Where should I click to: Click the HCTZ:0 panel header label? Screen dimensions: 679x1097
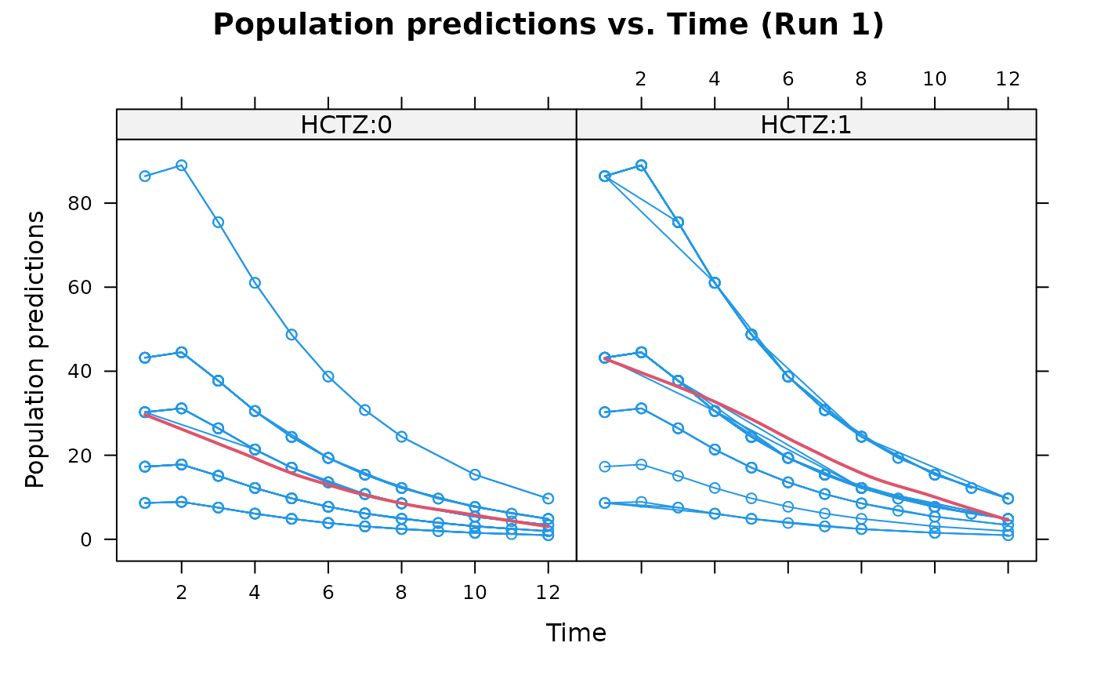[346, 125]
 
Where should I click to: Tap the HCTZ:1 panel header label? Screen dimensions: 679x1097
[806, 125]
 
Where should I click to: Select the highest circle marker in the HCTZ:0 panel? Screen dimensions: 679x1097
[181, 165]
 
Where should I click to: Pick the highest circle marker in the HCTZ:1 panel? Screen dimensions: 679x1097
[641, 165]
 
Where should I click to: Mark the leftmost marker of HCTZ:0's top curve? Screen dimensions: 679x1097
[145, 176]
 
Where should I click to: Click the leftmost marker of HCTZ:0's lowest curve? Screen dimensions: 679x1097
[145, 503]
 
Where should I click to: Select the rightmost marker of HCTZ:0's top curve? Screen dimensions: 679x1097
[548, 498]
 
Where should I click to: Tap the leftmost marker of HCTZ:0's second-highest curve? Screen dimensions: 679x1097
[145, 358]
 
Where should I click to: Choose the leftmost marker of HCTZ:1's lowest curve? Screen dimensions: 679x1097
[605, 503]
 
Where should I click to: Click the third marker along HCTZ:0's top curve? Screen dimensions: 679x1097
[218, 222]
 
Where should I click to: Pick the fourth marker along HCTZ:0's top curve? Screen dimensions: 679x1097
[255, 283]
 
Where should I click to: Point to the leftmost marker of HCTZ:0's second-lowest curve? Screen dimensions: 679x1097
[145, 467]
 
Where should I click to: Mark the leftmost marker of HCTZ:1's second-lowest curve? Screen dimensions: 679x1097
[605, 467]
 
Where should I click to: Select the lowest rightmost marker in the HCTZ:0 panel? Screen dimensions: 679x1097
[548, 535]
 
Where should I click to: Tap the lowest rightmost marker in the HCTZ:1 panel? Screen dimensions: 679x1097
[1008, 535]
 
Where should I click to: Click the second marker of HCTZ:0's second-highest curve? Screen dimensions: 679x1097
[181, 352]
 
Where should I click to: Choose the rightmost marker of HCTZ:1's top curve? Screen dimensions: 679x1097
[1008, 498]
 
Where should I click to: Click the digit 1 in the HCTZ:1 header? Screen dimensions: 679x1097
[844, 125]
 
